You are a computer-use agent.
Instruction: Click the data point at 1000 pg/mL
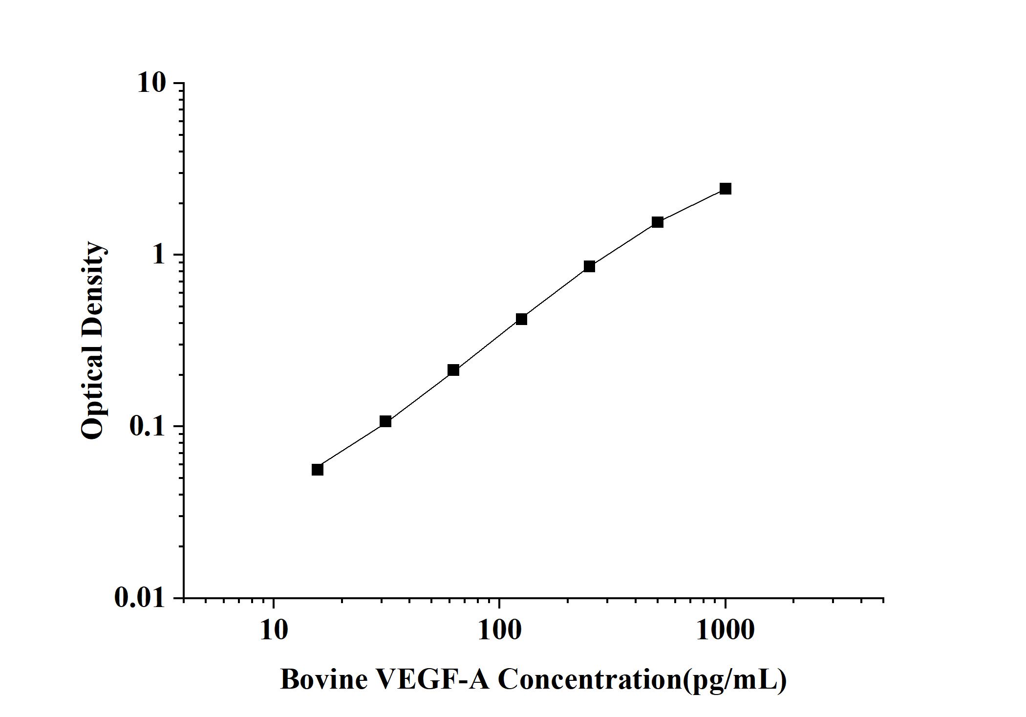click(x=726, y=189)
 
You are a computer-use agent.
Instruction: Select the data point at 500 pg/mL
click(x=658, y=222)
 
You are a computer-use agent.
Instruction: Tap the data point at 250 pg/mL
click(x=589, y=266)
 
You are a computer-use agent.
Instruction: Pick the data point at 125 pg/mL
click(x=521, y=319)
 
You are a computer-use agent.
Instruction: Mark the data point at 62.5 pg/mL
click(x=453, y=370)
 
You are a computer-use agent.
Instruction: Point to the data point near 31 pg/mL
click(x=385, y=421)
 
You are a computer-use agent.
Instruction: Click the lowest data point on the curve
click(x=317, y=470)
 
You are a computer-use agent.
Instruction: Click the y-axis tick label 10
click(x=151, y=83)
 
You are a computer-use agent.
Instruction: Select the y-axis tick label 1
click(x=159, y=255)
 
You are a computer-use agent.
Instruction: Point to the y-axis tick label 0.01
click(x=140, y=597)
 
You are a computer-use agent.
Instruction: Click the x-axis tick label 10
click(x=274, y=630)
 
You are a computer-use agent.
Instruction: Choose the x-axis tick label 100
click(x=499, y=630)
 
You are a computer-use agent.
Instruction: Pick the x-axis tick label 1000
click(x=725, y=630)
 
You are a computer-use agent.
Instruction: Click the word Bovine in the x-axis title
click(x=323, y=680)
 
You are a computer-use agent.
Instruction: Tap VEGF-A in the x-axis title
click(x=432, y=680)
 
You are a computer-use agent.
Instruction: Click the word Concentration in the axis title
click(x=589, y=680)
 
